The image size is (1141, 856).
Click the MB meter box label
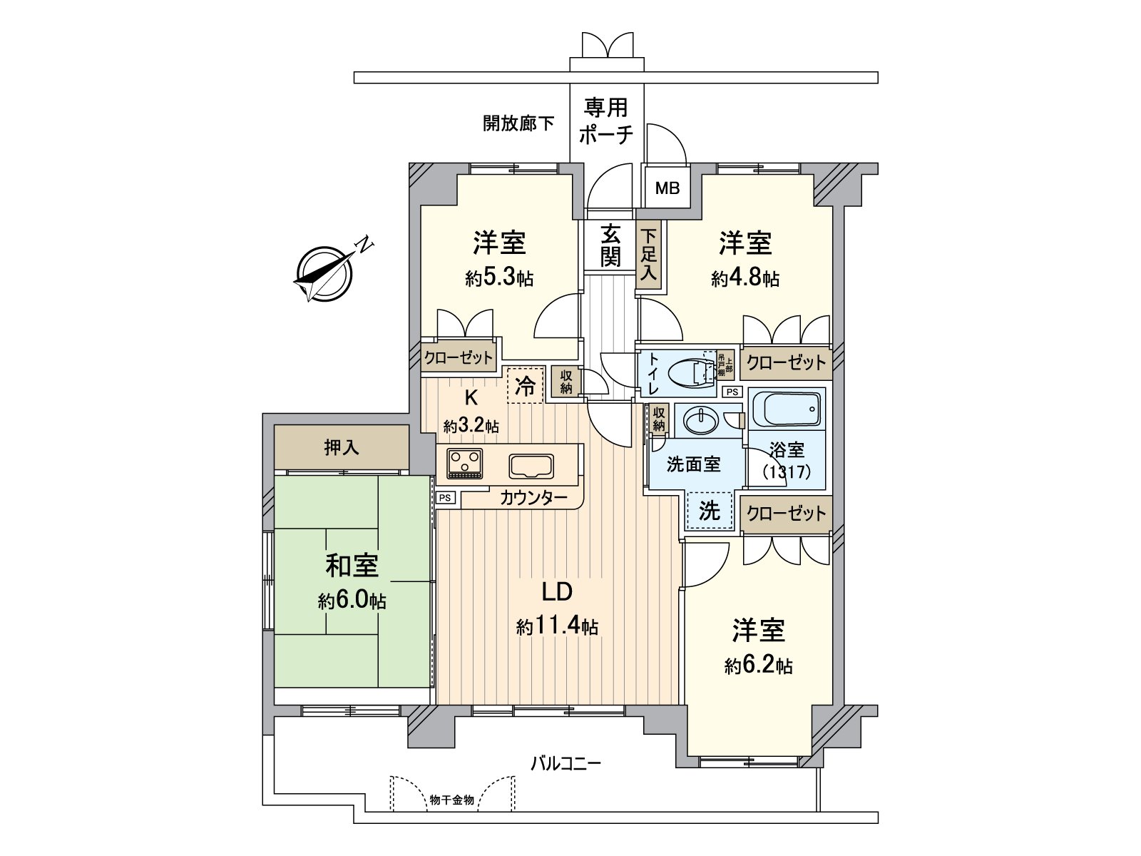pyautogui.click(x=667, y=189)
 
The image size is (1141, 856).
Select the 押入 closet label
pyautogui.click(x=342, y=448)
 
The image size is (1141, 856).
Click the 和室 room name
pyautogui.click(x=352, y=566)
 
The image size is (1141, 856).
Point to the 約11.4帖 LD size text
pyautogui.click(x=557, y=627)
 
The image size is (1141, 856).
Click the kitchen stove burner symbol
pyautogui.click(x=464, y=464)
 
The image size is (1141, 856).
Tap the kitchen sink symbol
pyautogui.click(x=531, y=467)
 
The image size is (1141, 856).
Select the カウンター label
pyautogui.click(x=533, y=498)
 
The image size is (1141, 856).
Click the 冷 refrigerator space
pyautogui.click(x=526, y=386)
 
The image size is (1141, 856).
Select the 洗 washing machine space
pyautogui.click(x=709, y=511)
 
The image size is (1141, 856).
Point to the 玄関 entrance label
pyautogui.click(x=610, y=246)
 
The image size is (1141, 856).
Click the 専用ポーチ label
pyautogui.click(x=606, y=121)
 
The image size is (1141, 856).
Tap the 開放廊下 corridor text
pyautogui.click(x=518, y=123)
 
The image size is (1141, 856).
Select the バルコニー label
pyautogui.click(x=566, y=763)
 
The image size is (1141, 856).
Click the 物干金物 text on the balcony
pyautogui.click(x=451, y=800)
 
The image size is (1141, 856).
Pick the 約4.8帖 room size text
pyautogui.click(x=745, y=278)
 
